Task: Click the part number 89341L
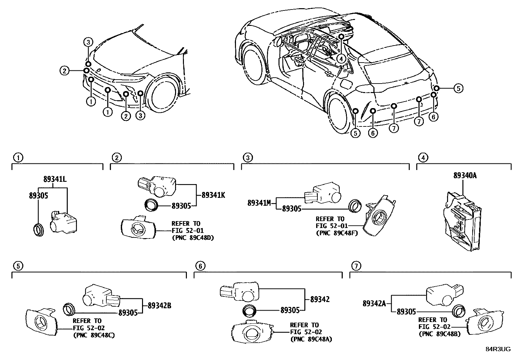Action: (x=55, y=180)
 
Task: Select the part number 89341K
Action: (x=213, y=195)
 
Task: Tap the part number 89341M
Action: (x=259, y=203)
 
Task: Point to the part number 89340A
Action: (x=465, y=176)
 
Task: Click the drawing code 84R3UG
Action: (x=498, y=349)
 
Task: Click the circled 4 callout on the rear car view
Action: (x=341, y=59)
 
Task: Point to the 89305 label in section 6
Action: (x=290, y=310)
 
